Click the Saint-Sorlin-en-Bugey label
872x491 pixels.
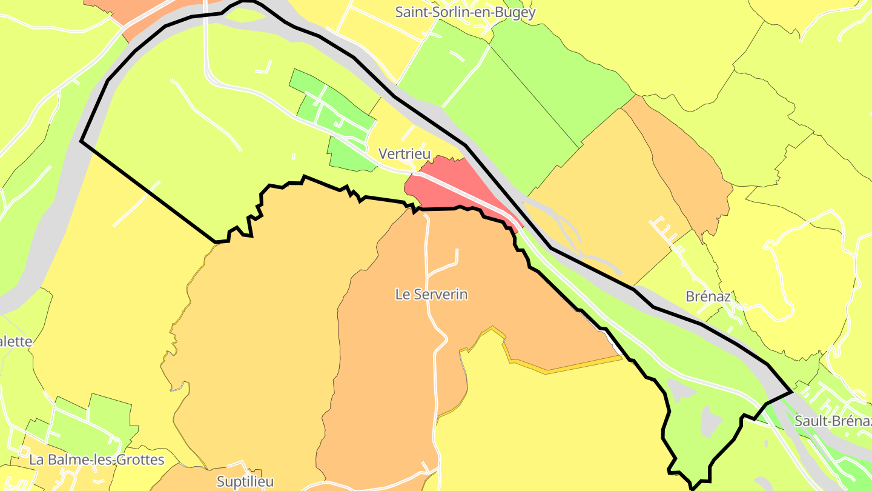point(465,12)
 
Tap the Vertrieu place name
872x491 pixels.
point(404,154)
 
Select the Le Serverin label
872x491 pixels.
point(431,295)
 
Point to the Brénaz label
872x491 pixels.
point(708,296)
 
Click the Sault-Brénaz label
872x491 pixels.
point(833,421)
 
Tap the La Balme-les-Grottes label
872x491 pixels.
point(97,459)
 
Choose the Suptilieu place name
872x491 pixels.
point(245,481)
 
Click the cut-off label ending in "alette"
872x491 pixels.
point(16,341)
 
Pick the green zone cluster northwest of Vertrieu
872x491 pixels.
point(333,115)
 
